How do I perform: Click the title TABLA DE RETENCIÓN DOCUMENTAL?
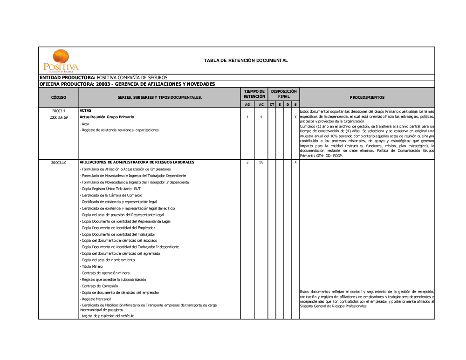coord(246,61)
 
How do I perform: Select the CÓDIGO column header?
coord(59,97)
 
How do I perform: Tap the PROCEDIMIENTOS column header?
coord(367,97)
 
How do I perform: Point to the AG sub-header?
coord(247,104)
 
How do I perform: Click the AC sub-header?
coord(261,104)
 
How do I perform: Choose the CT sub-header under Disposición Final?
coord(272,104)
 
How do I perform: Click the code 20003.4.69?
coord(59,117)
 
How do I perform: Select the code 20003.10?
coord(59,163)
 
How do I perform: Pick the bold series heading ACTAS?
coord(86,111)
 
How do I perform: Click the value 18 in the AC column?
coord(261,163)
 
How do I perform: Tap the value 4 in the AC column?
coord(261,117)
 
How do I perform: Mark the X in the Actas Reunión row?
coord(295,117)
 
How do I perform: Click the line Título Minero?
coord(92,266)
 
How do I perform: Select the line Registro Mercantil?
coord(96,299)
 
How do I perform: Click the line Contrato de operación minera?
coord(105,273)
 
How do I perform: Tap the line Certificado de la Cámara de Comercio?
coord(112,195)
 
